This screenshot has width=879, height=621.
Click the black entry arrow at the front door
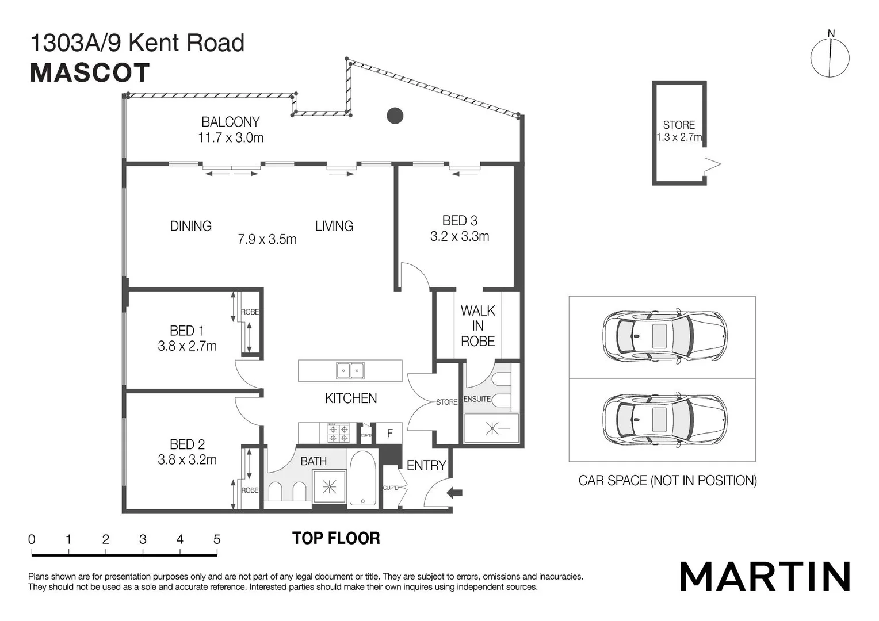(454, 492)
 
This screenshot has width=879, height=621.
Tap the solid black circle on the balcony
(395, 116)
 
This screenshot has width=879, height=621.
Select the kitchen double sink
(350, 371)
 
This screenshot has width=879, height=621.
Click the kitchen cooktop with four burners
(338, 433)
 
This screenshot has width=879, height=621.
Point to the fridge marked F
(390, 433)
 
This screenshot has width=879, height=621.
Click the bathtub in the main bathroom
(363, 478)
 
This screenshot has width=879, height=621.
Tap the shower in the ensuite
(491, 428)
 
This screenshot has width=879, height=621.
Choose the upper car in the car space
(664, 336)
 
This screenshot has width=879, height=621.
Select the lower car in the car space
(664, 420)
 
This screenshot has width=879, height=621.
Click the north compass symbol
(830, 56)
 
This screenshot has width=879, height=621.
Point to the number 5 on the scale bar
(217, 539)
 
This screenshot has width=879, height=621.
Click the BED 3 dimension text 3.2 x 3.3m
(460, 236)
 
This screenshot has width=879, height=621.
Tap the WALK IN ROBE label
(477, 326)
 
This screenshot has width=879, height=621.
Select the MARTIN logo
(765, 576)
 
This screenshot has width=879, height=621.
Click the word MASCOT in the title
(90, 73)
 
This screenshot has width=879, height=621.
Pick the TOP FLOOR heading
(336, 538)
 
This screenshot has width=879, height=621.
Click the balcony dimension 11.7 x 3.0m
(231, 137)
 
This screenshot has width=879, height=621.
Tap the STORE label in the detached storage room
(679, 125)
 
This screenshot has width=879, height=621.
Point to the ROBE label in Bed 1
(250, 312)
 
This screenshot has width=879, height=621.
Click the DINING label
(190, 226)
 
